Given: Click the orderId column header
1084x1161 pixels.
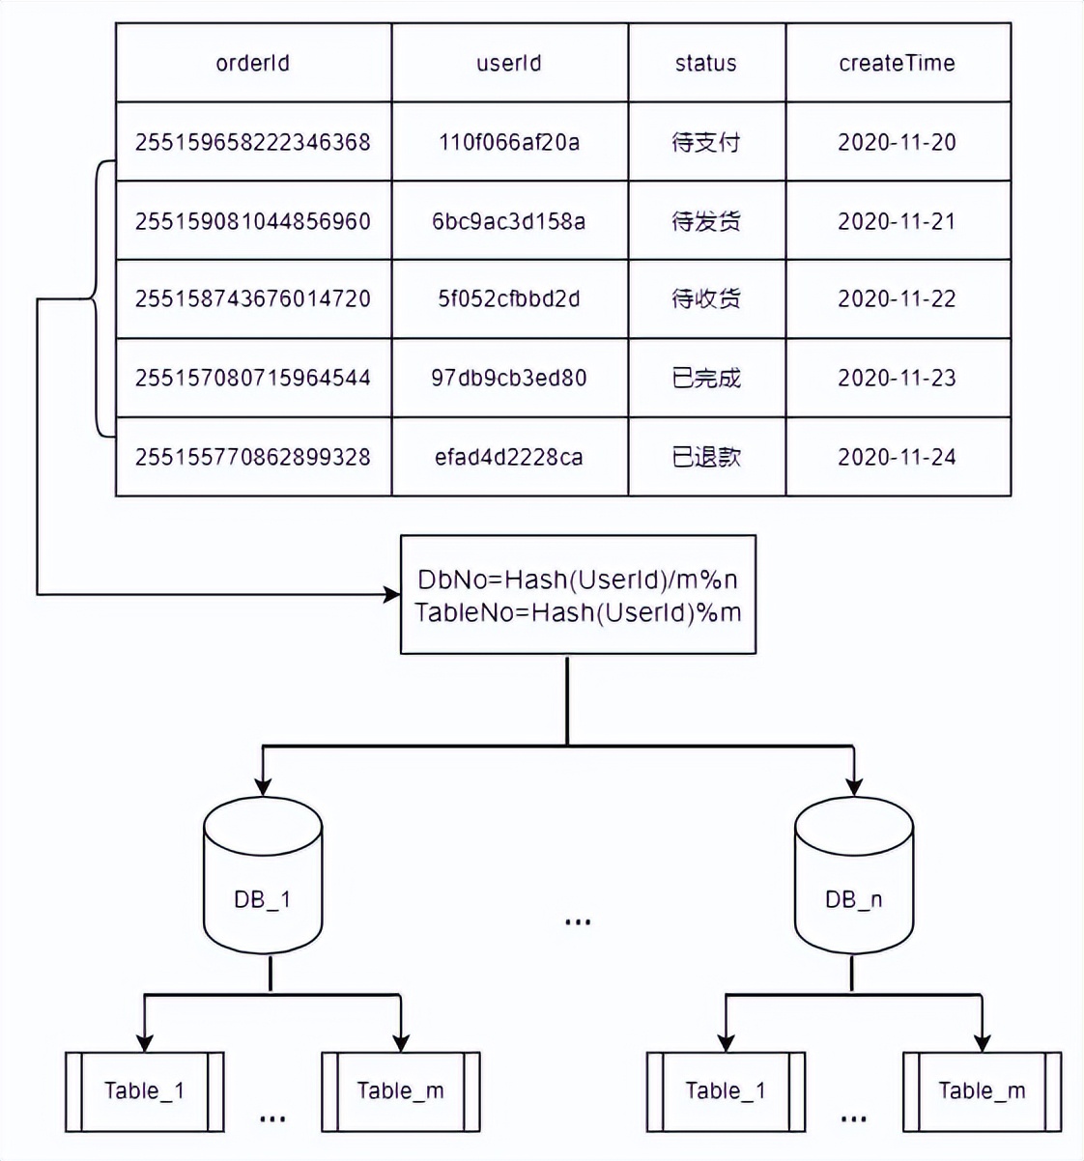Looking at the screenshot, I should point(253,64).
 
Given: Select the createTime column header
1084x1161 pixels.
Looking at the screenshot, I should point(898,64).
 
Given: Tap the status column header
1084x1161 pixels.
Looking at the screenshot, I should point(706,64).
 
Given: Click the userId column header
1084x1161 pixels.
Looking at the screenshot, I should point(509,64).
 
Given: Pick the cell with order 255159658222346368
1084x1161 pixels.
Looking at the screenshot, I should point(253,142).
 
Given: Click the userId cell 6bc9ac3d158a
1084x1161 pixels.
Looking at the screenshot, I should point(509,221).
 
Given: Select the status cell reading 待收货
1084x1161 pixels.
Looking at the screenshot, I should point(706,299).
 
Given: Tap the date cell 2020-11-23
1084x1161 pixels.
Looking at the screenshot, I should point(898,378).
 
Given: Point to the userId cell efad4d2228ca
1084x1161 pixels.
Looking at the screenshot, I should point(509,457).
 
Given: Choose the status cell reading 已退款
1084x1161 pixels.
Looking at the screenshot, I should point(706,457).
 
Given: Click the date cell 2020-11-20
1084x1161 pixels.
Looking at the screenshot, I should point(898,142).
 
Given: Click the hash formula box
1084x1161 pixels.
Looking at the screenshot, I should point(578,595).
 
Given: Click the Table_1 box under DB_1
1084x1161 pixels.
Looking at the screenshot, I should point(145,1091).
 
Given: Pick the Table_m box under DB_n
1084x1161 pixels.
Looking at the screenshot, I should point(982,1091).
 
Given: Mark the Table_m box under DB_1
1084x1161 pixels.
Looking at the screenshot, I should point(401,1091).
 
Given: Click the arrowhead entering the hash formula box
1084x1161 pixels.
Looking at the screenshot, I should point(392,594).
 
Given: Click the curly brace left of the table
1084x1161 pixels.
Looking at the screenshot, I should point(98,299).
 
